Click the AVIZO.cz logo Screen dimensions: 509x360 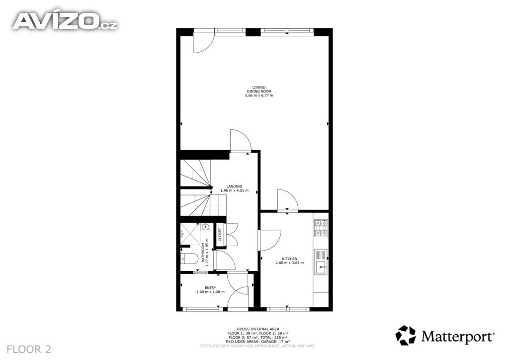[65, 21]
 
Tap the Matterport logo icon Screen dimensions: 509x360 [406, 335]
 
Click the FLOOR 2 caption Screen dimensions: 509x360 [29, 349]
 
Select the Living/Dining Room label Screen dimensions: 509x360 [259, 90]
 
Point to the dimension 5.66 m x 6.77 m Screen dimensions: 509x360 [259, 96]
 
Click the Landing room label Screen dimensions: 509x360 [235, 186]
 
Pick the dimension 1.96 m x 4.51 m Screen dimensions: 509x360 [235, 190]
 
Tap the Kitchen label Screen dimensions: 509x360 [290, 259]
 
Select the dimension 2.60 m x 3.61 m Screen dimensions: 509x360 [290, 263]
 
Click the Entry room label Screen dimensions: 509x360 [210, 287]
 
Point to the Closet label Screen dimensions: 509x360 [220, 235]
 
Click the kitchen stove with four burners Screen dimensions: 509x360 [321, 228]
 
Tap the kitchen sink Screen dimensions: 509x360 [321, 262]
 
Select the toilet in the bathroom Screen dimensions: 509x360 [189, 259]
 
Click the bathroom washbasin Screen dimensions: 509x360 [205, 227]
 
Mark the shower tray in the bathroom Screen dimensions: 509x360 [190, 233]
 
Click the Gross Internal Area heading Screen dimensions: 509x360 [258, 329]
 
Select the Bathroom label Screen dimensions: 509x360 [203, 253]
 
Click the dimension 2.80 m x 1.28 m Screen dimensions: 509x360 [210, 292]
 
